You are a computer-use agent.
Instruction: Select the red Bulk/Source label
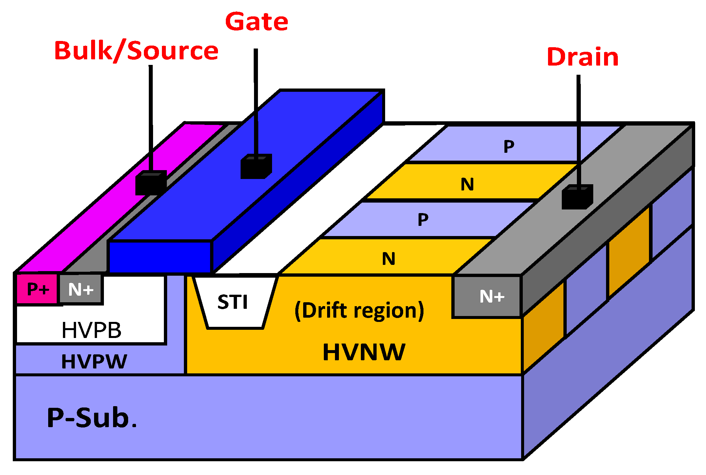(x=136, y=51)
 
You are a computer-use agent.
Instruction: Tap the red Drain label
(x=582, y=57)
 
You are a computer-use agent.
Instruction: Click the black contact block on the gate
(x=256, y=167)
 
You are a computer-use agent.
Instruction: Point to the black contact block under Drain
(x=577, y=197)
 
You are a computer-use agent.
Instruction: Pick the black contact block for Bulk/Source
(x=151, y=183)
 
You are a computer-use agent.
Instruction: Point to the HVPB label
(x=91, y=330)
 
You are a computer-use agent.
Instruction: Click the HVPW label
(x=94, y=362)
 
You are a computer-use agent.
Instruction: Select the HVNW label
(x=364, y=352)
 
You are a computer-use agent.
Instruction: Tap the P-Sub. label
(x=92, y=418)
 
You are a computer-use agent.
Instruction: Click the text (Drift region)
(x=359, y=310)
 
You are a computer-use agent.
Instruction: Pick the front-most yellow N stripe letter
(x=389, y=259)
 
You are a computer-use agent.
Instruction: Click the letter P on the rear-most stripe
(x=509, y=146)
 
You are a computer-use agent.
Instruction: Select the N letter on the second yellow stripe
(x=467, y=184)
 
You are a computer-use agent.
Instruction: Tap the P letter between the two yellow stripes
(x=423, y=219)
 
